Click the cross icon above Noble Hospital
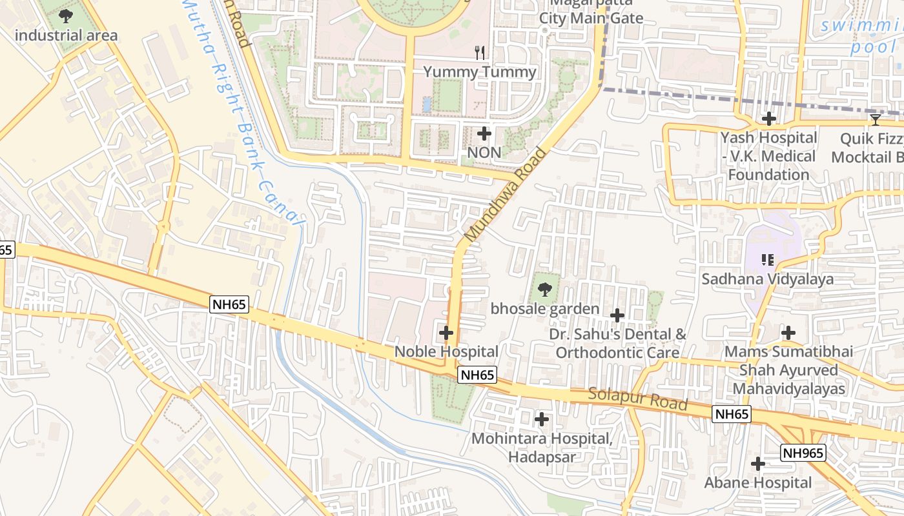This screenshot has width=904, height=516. [x=446, y=333]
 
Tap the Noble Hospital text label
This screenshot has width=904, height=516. [x=446, y=352]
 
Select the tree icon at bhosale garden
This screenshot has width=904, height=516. [x=544, y=290]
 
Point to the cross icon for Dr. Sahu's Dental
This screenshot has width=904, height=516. [x=617, y=315]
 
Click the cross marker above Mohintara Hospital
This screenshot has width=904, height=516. [x=542, y=420]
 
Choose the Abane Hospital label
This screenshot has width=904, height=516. [x=757, y=482]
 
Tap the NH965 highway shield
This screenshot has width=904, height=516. [x=803, y=453]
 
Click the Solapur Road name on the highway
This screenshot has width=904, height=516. [x=637, y=399]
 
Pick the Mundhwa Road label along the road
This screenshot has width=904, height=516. [x=506, y=195]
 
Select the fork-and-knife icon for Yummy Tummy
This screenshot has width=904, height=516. [x=480, y=53]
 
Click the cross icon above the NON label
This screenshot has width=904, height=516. [x=484, y=134]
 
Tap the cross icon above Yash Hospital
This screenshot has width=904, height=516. [x=768, y=119]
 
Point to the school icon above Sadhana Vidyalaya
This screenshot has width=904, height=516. [x=768, y=260]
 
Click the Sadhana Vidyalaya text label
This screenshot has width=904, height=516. [x=767, y=279]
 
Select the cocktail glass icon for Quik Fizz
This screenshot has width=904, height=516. [x=875, y=119]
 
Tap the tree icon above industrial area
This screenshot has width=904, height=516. [x=65, y=15]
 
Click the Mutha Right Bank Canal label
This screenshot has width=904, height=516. [x=242, y=110]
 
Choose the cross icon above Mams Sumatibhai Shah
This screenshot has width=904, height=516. [x=788, y=333]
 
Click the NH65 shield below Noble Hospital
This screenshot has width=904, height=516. [x=477, y=375]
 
